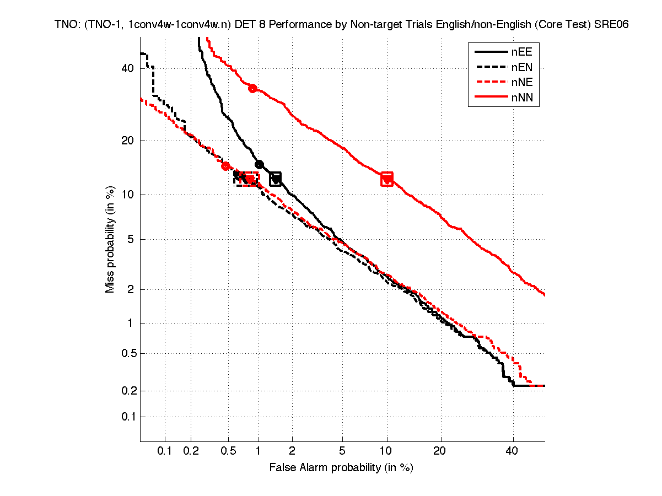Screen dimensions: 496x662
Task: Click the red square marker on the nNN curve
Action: click(x=387, y=179)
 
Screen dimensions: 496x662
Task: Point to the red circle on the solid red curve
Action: click(x=253, y=88)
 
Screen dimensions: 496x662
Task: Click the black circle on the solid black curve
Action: click(x=259, y=164)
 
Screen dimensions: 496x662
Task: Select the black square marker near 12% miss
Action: click(x=276, y=179)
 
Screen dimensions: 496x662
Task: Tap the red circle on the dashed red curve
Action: click(x=225, y=166)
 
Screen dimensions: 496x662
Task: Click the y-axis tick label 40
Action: click(x=128, y=68)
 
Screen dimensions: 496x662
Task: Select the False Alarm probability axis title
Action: click(x=341, y=468)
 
